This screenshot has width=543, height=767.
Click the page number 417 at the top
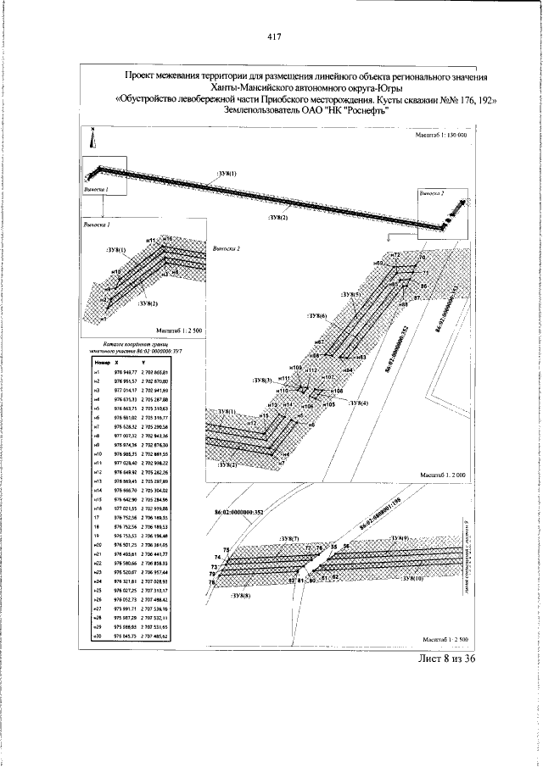click(273, 36)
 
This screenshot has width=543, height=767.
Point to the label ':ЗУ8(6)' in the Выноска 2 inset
click(318, 315)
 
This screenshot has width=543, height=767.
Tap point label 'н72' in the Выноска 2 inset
click(395, 255)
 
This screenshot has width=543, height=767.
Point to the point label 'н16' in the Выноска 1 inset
click(167, 240)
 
